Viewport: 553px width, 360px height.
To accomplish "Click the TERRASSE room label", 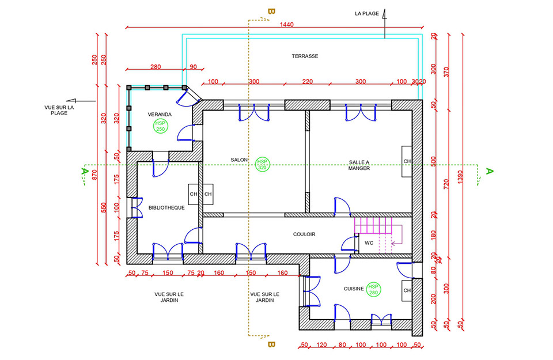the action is click(305, 56).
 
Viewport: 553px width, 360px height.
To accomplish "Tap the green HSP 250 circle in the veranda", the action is click(161, 126).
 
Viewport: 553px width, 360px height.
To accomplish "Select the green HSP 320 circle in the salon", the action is click(262, 164).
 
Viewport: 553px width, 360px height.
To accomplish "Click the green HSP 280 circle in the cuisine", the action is click(373, 289).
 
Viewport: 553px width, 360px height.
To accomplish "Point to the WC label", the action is click(369, 243).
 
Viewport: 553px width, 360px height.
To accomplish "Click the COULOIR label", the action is click(304, 234).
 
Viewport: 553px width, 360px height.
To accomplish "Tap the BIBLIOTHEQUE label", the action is click(166, 208).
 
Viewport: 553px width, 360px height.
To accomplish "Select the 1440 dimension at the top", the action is click(286, 24).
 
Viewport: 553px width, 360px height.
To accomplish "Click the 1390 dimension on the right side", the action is click(460, 177).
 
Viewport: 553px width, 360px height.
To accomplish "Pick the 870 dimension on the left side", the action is click(94, 175).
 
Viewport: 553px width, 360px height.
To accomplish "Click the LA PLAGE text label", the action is click(367, 14).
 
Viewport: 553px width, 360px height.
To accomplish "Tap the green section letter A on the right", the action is click(490, 172).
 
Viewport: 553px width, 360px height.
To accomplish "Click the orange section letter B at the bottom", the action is click(271, 344).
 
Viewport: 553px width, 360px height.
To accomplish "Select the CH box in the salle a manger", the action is click(407, 161).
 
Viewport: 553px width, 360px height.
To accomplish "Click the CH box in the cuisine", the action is click(407, 290).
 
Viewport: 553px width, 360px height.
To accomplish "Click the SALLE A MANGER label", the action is click(359, 165).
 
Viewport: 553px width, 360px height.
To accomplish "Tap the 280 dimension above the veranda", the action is click(156, 67).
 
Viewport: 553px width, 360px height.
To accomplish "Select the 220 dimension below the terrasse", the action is click(307, 81).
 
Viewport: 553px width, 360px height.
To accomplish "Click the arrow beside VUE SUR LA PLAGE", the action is click(81, 101).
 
